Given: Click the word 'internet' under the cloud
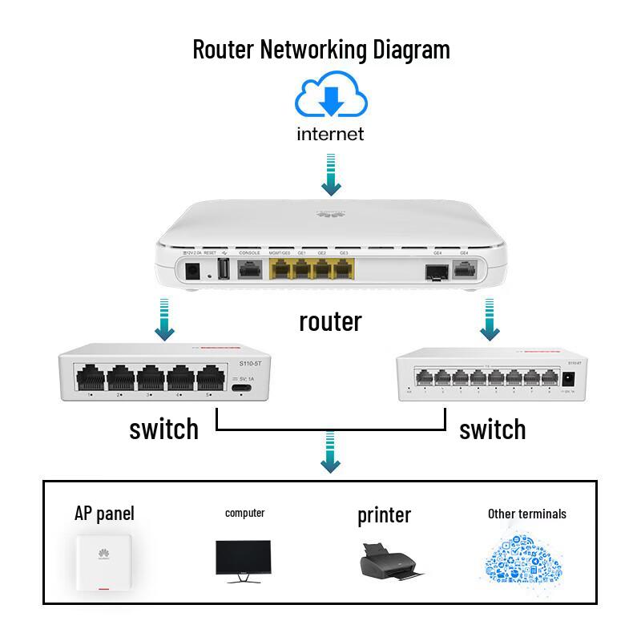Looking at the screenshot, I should click(x=330, y=134).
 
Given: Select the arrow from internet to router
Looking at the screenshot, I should click(x=330, y=176).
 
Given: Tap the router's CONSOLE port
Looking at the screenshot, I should click(x=250, y=270).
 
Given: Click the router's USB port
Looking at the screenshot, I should click(x=222, y=271).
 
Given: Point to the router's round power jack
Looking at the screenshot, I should click(x=192, y=271).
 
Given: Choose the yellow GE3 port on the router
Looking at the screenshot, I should click(x=343, y=270).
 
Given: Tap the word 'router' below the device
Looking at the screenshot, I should click(x=330, y=321).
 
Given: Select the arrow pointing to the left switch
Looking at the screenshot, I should click(x=164, y=318).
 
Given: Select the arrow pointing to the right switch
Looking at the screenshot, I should click(x=490, y=318).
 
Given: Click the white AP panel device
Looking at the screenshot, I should click(x=102, y=564).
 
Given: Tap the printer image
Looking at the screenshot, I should click(x=389, y=561).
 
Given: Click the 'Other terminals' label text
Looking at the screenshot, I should click(x=526, y=514).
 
